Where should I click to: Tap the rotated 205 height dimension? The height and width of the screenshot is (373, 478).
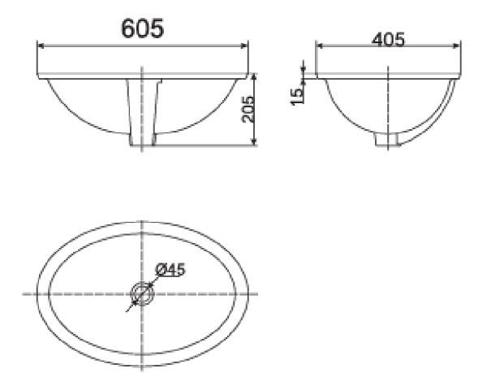248,109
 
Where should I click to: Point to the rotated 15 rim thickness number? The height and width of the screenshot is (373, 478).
298,95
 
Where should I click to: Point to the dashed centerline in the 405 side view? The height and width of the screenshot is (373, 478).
388,102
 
